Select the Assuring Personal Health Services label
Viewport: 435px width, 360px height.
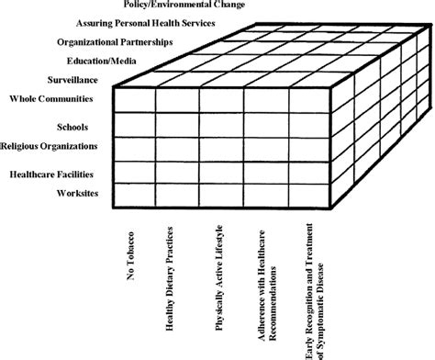157,23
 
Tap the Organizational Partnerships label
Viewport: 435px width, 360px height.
115,41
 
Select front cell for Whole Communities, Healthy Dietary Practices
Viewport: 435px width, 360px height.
178,100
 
